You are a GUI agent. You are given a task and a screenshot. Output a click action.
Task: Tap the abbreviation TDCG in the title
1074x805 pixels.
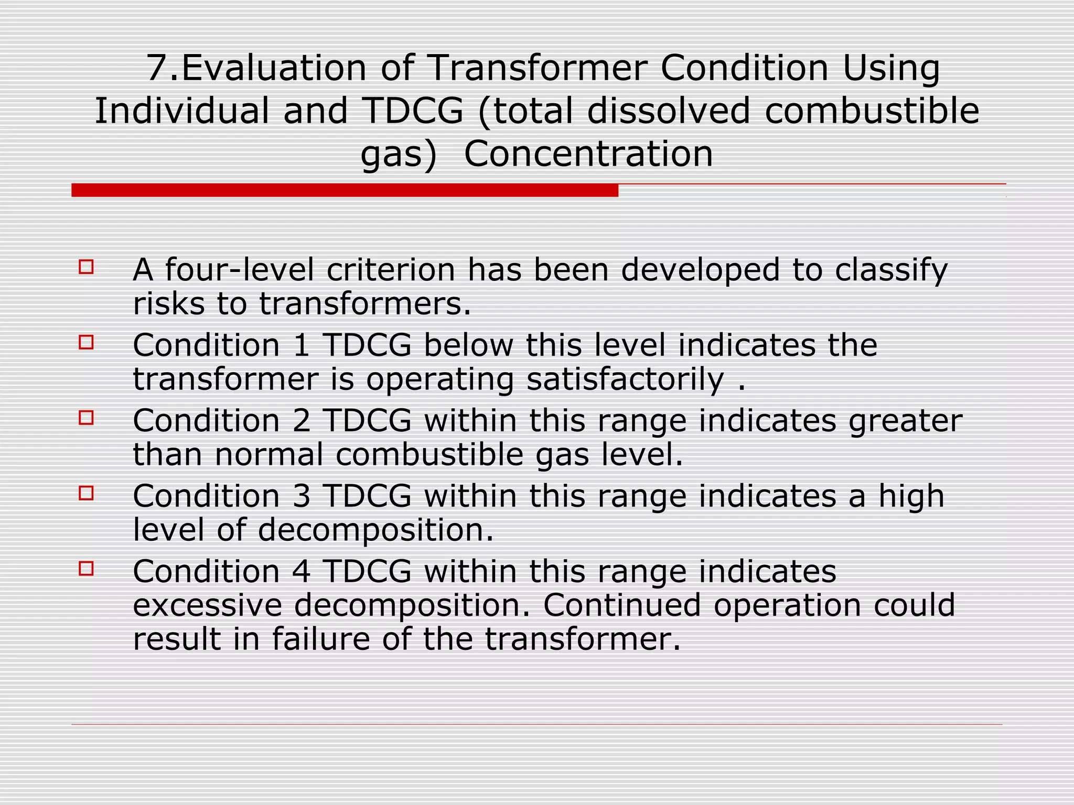(x=413, y=111)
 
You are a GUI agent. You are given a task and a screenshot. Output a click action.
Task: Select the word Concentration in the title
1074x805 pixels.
(x=588, y=154)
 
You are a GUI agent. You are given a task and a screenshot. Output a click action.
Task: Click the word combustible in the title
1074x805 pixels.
(x=872, y=111)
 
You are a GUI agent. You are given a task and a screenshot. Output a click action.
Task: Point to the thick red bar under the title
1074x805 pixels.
(x=345, y=190)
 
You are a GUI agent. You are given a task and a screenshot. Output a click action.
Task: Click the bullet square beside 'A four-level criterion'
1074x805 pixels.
(x=86, y=267)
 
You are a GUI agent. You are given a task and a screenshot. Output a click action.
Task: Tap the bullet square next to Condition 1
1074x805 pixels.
(x=86, y=343)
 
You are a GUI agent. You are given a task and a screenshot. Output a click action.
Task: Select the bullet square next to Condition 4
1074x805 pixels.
(x=86, y=569)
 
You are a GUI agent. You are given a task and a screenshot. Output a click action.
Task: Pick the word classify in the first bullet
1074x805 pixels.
(x=891, y=271)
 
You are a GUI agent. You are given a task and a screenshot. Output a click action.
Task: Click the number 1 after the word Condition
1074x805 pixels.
(x=302, y=345)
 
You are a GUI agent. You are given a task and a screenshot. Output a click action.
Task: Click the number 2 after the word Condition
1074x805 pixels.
(x=302, y=421)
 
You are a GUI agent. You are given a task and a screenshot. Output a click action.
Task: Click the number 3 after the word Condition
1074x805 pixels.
(x=302, y=496)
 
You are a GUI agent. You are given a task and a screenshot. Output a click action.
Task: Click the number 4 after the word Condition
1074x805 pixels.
(x=302, y=572)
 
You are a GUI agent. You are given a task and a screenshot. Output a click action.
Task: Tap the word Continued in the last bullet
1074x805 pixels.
(x=622, y=605)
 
